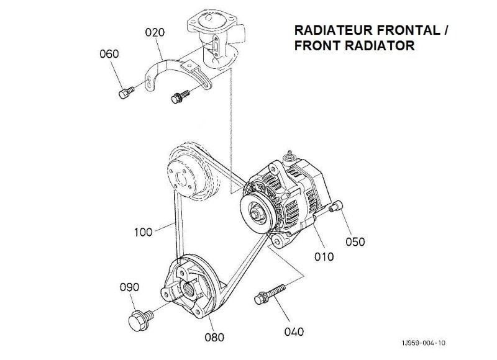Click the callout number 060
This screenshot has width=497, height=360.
click(x=109, y=54)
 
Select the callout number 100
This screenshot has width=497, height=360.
click(x=144, y=233)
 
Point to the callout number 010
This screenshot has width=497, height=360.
click(x=324, y=255)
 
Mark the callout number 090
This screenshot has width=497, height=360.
click(x=129, y=287)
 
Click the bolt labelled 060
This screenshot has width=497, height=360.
click(x=124, y=92)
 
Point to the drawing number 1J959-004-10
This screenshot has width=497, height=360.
click(x=423, y=342)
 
